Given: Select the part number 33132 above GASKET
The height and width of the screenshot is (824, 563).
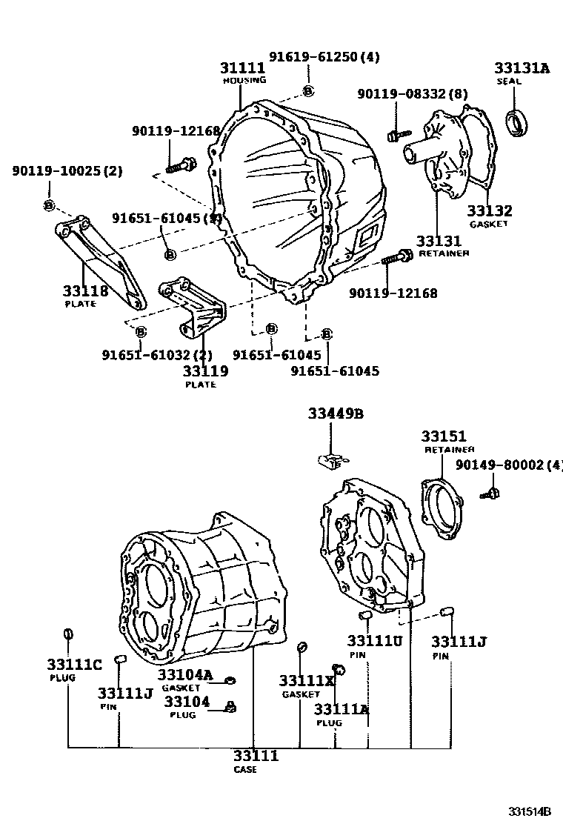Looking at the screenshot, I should pyautogui.click(x=489, y=211).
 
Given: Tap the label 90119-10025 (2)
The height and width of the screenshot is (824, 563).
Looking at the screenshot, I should pyautogui.click(x=67, y=171).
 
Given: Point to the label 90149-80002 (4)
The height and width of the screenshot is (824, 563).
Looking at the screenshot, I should pyautogui.click(x=508, y=465).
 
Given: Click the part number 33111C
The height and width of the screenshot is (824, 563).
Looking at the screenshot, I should pyautogui.click(x=74, y=664).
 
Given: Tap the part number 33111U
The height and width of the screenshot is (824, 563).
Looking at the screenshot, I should pyautogui.click(x=375, y=640).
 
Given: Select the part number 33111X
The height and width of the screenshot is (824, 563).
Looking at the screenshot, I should pyautogui.click(x=307, y=681).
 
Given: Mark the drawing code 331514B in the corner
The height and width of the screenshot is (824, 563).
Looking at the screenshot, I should pyautogui.click(x=530, y=811).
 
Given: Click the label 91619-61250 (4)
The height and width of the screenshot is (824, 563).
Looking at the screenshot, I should pyautogui.click(x=324, y=57).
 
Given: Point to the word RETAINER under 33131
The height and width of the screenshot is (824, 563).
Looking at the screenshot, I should pyautogui.click(x=443, y=253).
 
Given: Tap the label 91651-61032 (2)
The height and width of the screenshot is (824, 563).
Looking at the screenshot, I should pyautogui.click(x=157, y=355).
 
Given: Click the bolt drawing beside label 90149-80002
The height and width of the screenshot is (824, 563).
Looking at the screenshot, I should pyautogui.click(x=488, y=492).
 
